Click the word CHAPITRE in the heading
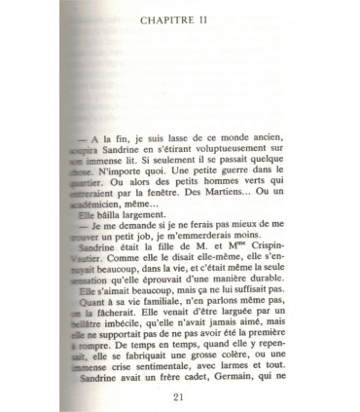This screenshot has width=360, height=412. click(x=170, y=19)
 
